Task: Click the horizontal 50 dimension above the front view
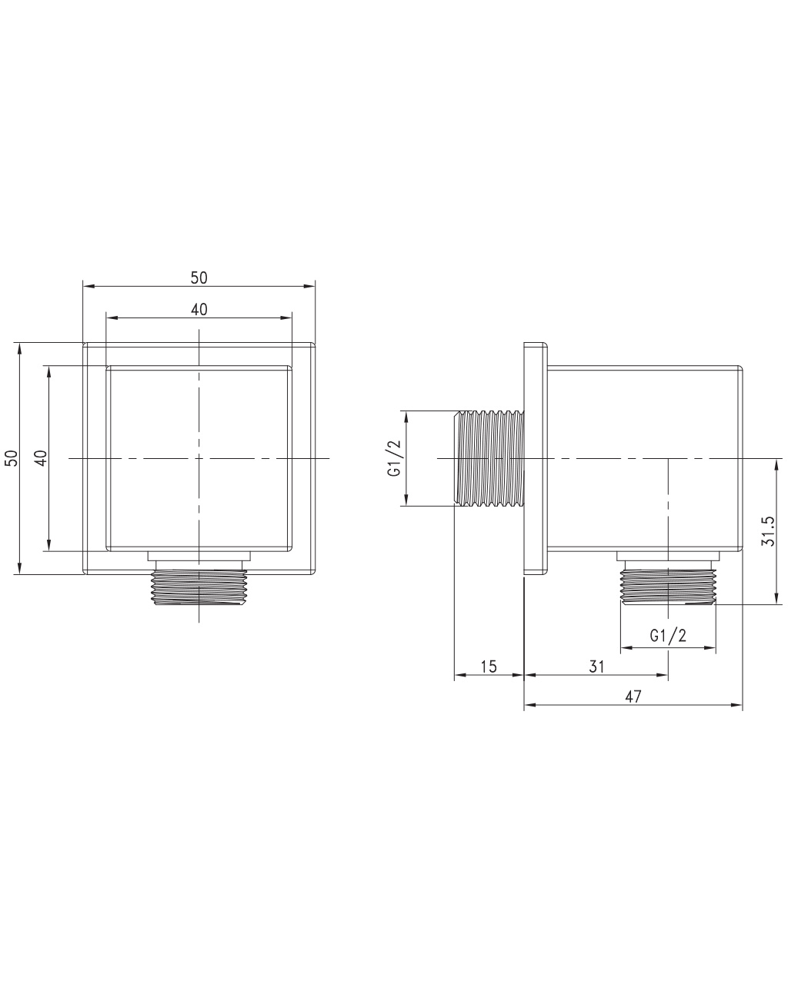[199, 278]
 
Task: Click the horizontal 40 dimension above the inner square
[199, 310]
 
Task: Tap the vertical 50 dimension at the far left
[12, 458]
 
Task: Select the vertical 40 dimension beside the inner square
[42, 458]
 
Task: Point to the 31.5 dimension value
[767, 531]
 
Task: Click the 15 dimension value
[489, 667]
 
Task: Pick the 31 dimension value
[596, 667]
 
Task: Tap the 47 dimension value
[633, 696]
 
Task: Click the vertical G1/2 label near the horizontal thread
[394, 458]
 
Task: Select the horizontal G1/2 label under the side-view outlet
[668, 636]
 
